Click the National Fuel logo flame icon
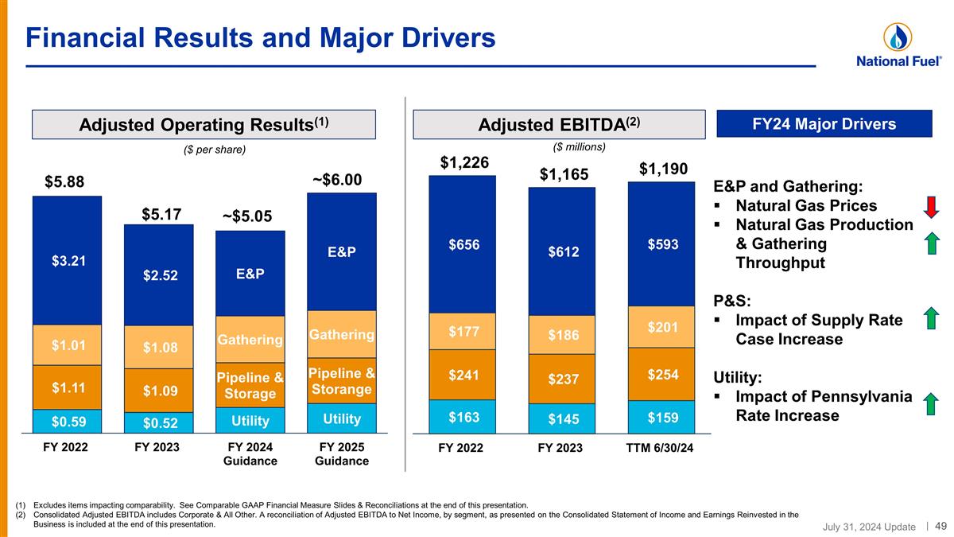(x=898, y=37)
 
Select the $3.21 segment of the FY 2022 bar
(x=68, y=260)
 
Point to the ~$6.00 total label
(x=338, y=181)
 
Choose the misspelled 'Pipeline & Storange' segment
(x=342, y=381)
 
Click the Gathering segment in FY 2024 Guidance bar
(x=250, y=340)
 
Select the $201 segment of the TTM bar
(x=662, y=326)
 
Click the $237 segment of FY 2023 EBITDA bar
(x=562, y=380)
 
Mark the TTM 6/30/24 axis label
(x=661, y=448)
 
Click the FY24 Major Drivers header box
(x=824, y=124)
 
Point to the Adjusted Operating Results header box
(x=204, y=125)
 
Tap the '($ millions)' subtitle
(x=579, y=146)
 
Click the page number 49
(x=940, y=525)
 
